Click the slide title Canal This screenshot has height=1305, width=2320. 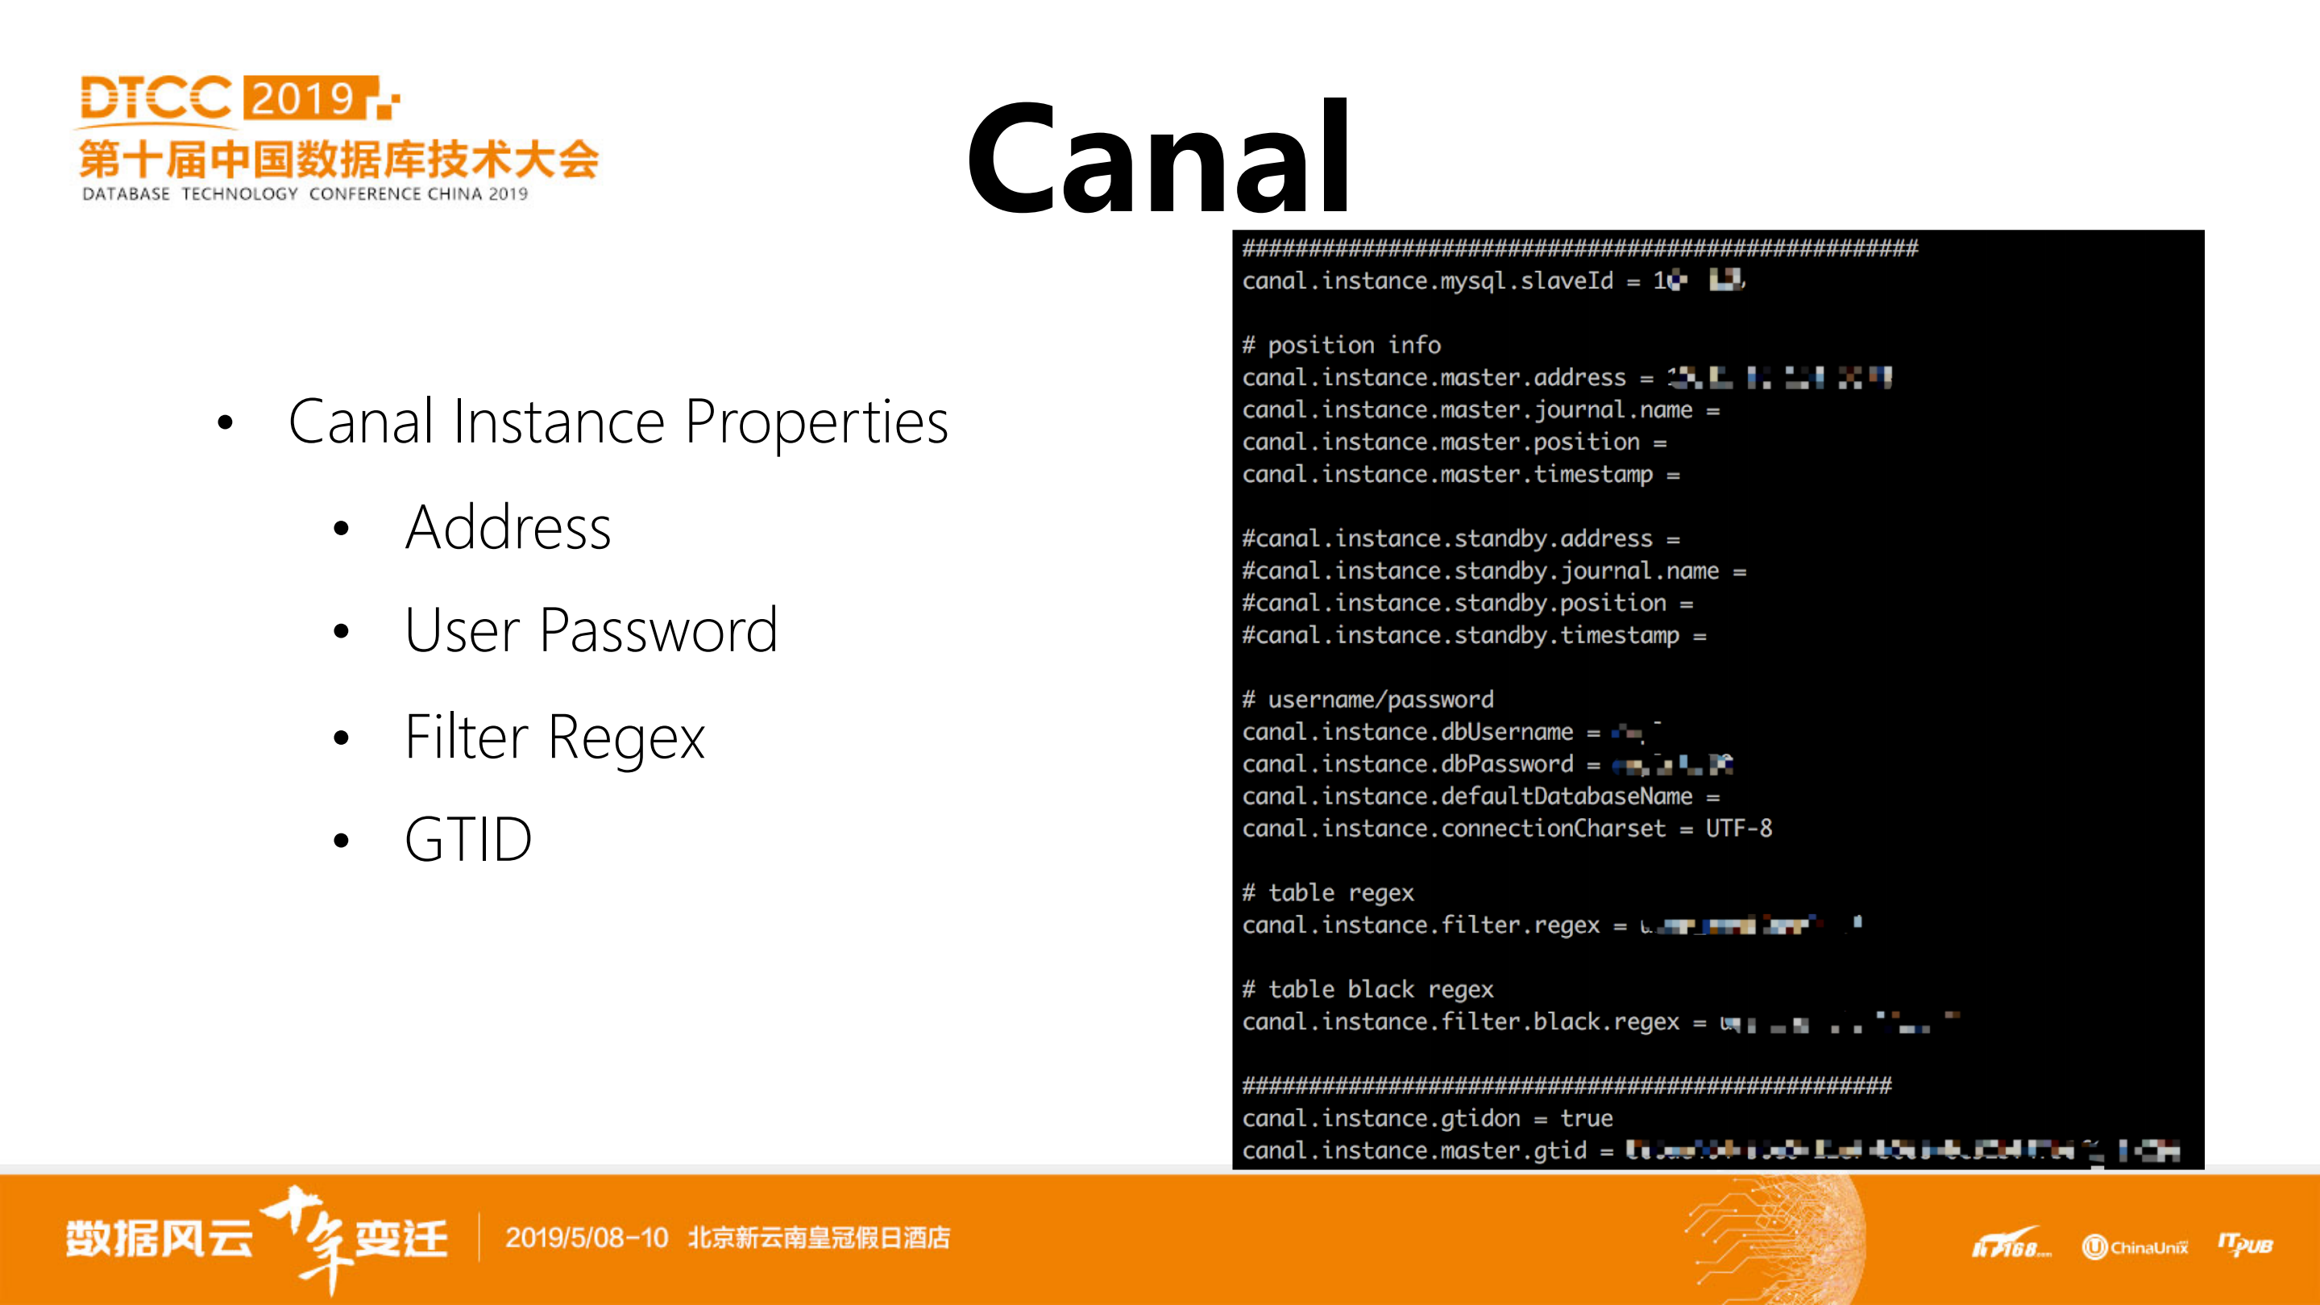click(1158, 160)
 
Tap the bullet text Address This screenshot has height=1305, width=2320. click(508, 528)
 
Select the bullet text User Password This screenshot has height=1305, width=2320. click(591, 630)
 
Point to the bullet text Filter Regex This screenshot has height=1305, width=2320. click(554, 738)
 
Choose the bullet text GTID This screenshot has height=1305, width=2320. click(468, 839)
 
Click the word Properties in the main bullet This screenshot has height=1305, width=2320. click(816, 422)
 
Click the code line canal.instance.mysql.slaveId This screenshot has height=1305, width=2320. click(1427, 281)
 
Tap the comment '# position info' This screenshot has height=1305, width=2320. click(1342, 345)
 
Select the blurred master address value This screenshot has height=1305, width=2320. click(1778, 377)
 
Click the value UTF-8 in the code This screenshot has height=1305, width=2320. click(1738, 829)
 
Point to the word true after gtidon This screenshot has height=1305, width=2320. click(1586, 1119)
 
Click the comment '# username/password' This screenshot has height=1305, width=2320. click(1368, 700)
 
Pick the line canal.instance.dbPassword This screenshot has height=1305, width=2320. click(1408, 765)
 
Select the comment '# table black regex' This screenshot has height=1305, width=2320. click(1368, 990)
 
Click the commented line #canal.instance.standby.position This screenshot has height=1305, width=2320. click(1454, 604)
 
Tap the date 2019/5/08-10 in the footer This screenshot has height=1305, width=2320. click(587, 1238)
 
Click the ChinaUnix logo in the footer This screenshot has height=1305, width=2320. click(2135, 1247)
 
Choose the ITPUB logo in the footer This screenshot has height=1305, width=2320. click(2244, 1245)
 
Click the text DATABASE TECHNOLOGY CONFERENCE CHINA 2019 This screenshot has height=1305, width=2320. click(305, 193)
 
